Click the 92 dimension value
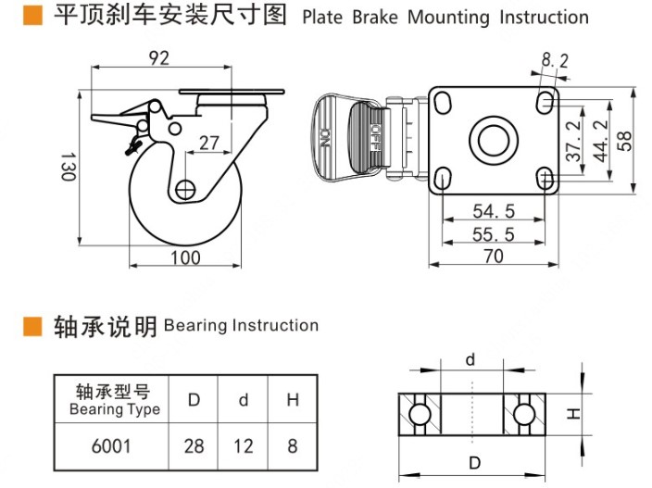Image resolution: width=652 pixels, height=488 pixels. pyautogui.click(x=158, y=57)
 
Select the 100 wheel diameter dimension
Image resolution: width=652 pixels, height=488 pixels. pyautogui.click(x=186, y=257)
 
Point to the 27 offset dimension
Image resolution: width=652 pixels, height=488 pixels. pyautogui.click(x=209, y=143)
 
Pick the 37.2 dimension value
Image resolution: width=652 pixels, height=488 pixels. pyautogui.click(x=574, y=139)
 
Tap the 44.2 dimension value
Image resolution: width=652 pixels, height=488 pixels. pyautogui.click(x=599, y=138)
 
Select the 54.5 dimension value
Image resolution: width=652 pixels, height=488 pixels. pyautogui.click(x=492, y=211)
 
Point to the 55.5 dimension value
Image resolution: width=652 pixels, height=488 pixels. pyautogui.click(x=492, y=234)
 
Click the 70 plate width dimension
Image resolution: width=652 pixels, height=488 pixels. pyautogui.click(x=494, y=257)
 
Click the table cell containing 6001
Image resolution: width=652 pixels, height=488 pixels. pyautogui.click(x=111, y=446)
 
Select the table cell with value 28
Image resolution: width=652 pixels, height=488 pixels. pyautogui.click(x=194, y=446)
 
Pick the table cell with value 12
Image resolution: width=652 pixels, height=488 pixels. pyautogui.click(x=243, y=446)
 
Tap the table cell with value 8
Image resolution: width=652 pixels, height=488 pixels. pyautogui.click(x=293, y=446)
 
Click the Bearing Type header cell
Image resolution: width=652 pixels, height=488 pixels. pyautogui.click(x=111, y=400)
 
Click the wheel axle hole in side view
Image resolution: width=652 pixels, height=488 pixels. pyautogui.click(x=185, y=189)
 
